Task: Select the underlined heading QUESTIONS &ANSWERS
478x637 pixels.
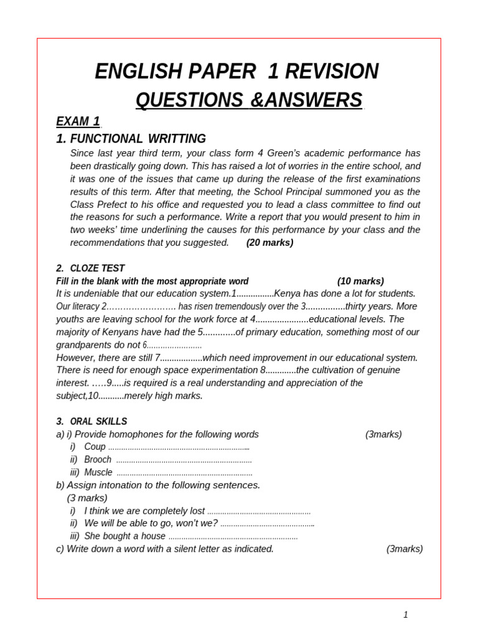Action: coord(248,100)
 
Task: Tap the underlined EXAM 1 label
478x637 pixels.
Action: coord(78,121)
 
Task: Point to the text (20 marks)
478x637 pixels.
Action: coord(269,243)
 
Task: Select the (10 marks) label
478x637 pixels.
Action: coord(360,281)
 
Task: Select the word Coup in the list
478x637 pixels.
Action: coord(95,447)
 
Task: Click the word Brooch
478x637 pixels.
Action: coord(98,460)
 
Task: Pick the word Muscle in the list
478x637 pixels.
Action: coord(98,472)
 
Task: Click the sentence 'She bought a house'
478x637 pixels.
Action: coord(124,536)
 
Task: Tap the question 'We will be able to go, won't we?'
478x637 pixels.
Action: coord(151,523)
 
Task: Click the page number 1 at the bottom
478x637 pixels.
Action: coord(406,615)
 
